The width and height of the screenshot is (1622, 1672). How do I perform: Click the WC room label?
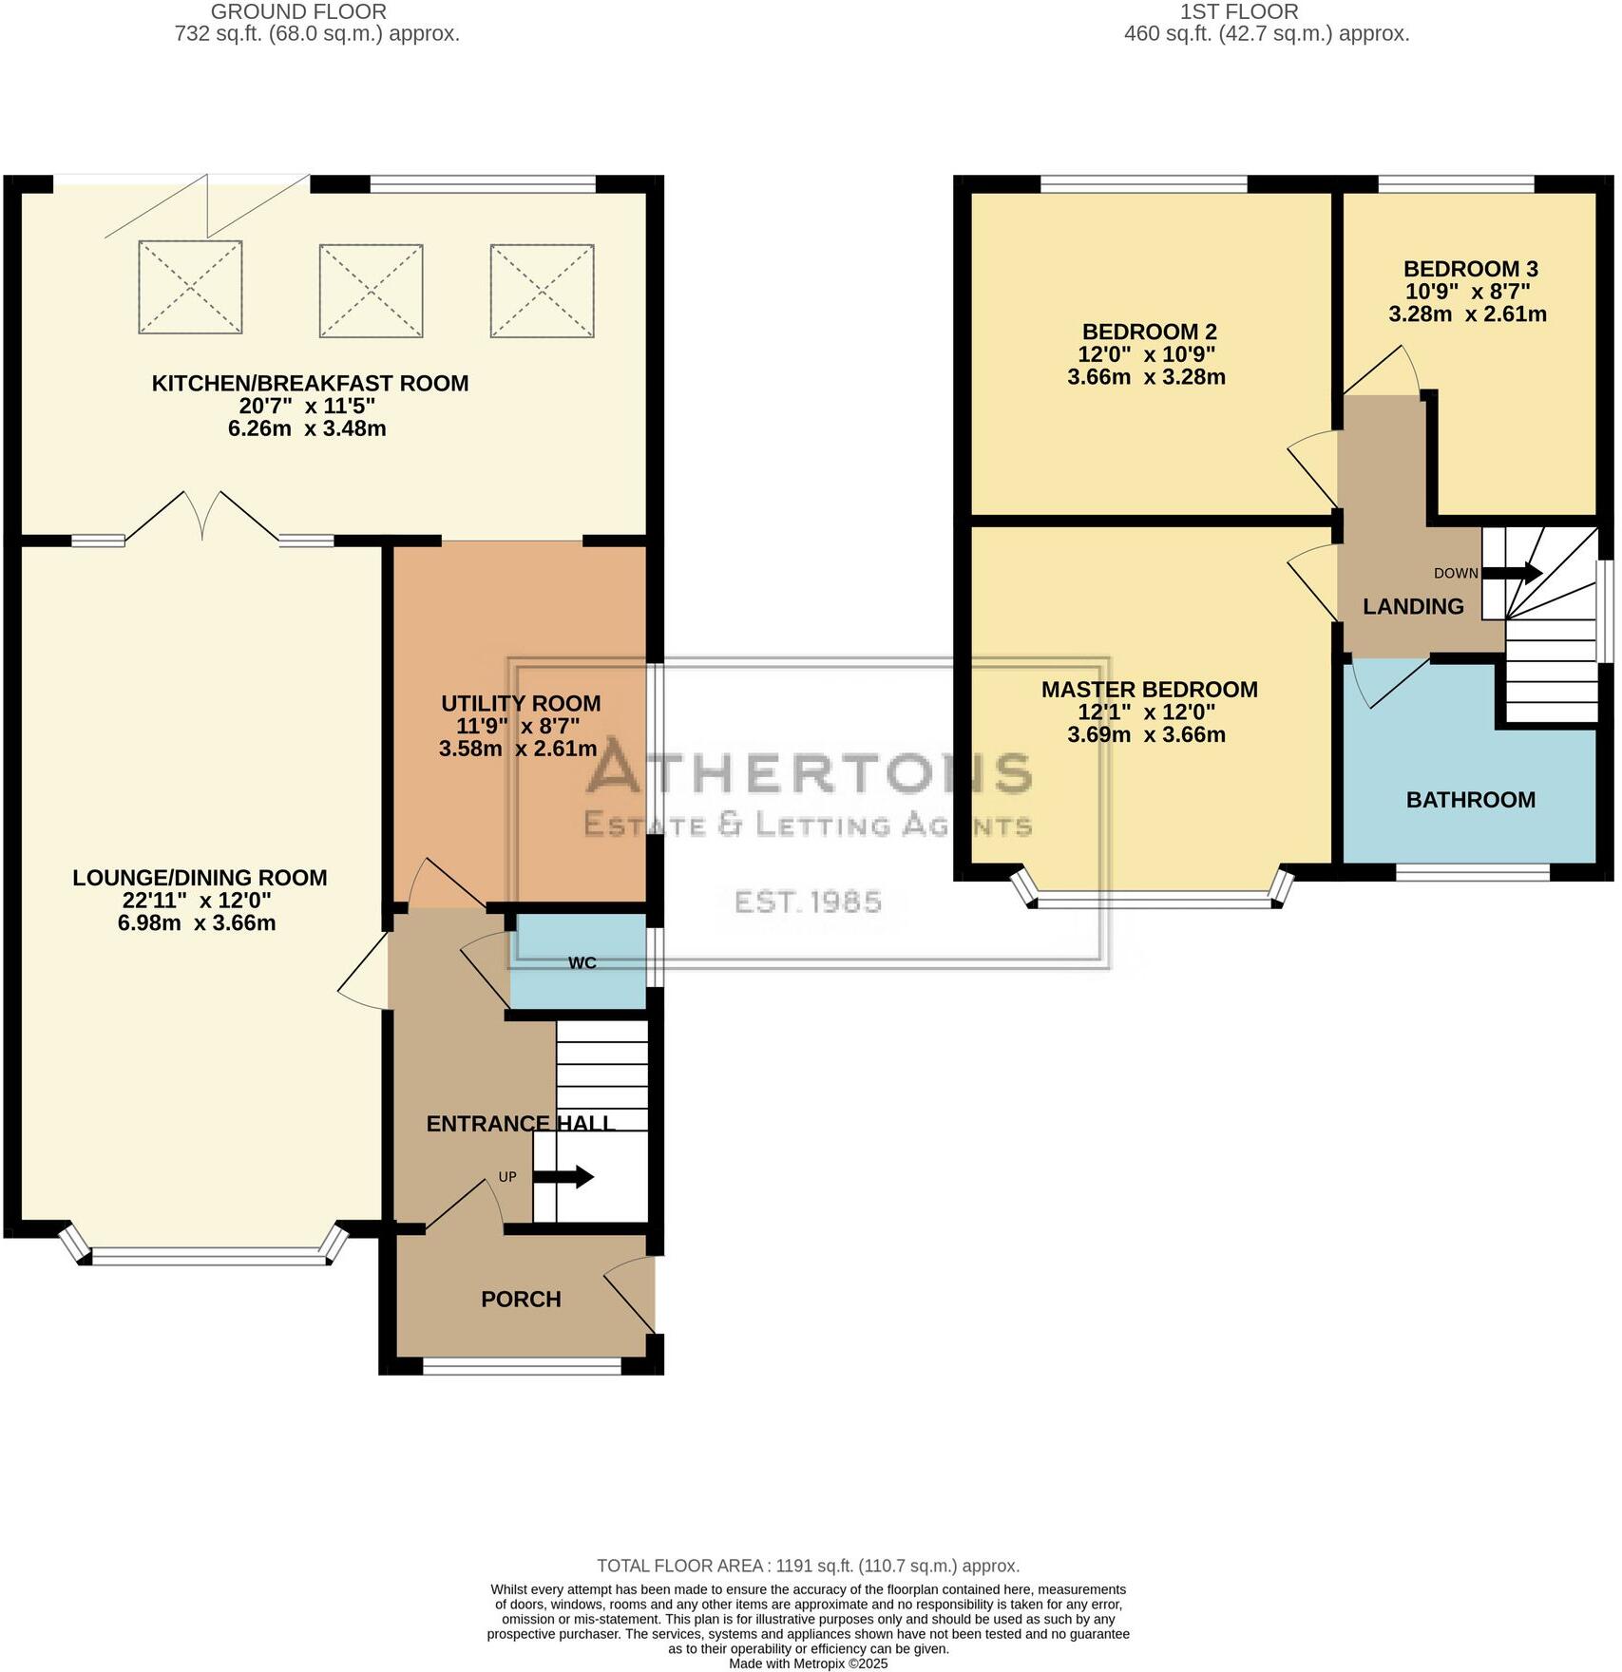[x=582, y=962]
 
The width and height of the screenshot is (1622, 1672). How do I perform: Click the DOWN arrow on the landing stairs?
[x=1512, y=573]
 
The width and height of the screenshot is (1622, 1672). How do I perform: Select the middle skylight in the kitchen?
[x=371, y=291]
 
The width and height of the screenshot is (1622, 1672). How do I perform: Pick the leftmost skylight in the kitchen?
[x=190, y=287]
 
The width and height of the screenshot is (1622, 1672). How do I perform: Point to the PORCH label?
[x=521, y=1299]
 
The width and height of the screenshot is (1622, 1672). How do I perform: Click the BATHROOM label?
[x=1470, y=800]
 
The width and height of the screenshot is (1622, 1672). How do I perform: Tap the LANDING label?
[x=1413, y=606]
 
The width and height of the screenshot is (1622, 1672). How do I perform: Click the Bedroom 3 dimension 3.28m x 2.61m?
[x=1467, y=314]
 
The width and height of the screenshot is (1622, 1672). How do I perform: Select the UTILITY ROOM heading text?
[x=521, y=704]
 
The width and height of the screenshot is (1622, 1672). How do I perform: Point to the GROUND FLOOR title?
[x=298, y=12]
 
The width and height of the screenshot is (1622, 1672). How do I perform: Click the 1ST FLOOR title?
[x=1238, y=12]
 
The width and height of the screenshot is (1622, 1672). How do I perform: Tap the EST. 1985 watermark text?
[x=808, y=902]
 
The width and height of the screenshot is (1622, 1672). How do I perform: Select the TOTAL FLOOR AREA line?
[x=808, y=1566]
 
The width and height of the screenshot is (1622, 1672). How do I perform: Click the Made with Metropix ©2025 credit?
[x=808, y=1663]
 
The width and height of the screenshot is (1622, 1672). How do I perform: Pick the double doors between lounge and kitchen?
[x=201, y=518]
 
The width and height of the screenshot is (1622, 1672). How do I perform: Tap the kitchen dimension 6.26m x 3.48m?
[x=307, y=428]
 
